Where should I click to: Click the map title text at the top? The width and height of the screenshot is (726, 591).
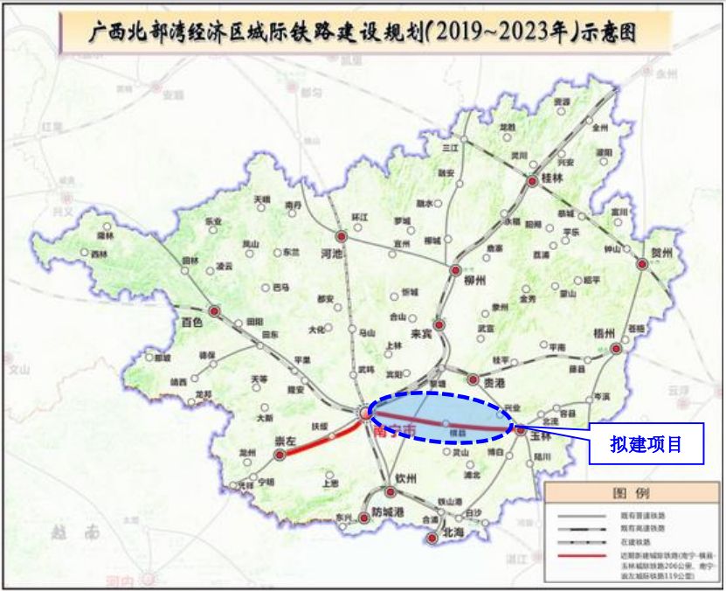363,33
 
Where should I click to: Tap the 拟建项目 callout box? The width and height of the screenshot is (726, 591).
646,445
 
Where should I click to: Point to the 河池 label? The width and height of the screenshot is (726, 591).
329,253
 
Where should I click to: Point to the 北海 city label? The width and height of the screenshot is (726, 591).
453,531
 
